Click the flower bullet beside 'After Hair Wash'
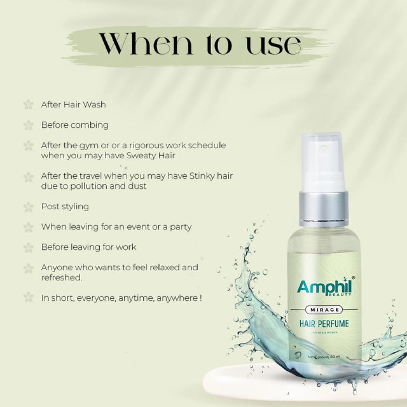click(x=28, y=105)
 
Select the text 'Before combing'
click(x=75, y=125)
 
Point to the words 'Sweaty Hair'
click(x=153, y=155)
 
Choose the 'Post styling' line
click(x=65, y=206)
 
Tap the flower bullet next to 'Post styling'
click(x=28, y=207)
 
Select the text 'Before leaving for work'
click(x=89, y=247)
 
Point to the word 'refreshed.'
click(x=61, y=277)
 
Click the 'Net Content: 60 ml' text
click(x=324, y=357)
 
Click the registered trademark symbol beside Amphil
click(x=353, y=277)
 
